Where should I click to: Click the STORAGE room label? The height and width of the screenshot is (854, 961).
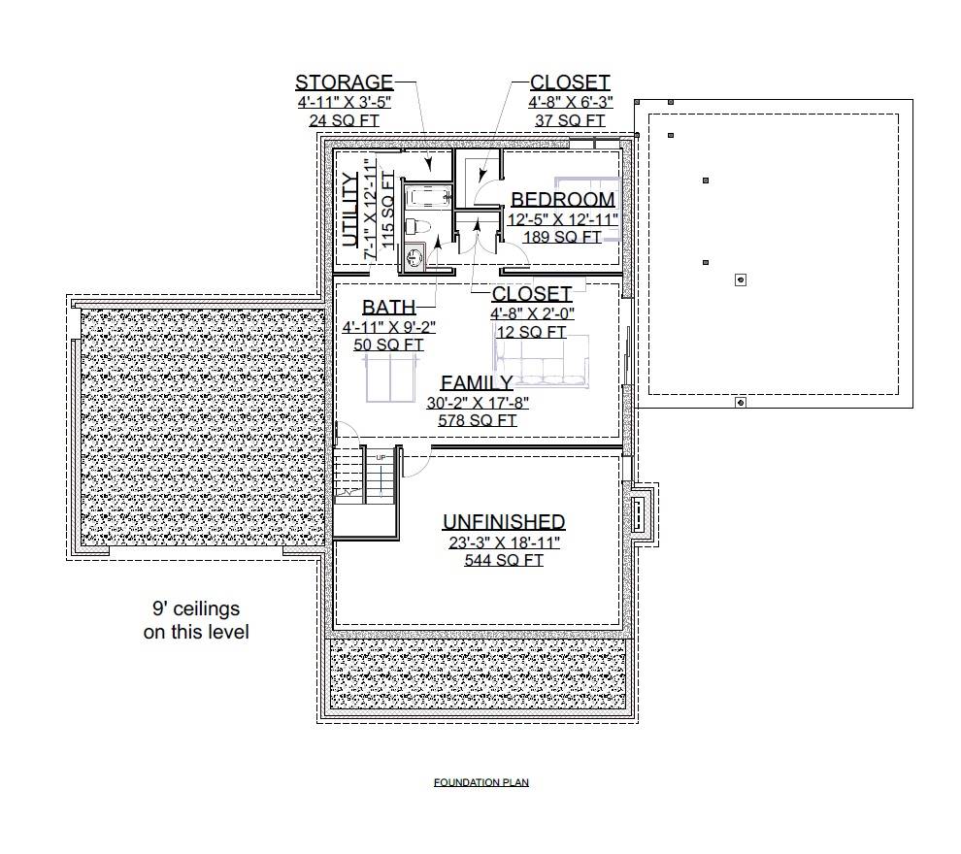344,82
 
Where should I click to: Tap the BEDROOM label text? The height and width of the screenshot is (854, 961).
563,200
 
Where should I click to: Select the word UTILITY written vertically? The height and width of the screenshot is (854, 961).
351,210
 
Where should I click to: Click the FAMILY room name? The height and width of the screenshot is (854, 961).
477,382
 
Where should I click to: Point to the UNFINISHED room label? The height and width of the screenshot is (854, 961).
504,522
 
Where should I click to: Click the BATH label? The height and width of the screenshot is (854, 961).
388,309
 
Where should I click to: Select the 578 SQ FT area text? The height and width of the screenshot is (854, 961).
477,420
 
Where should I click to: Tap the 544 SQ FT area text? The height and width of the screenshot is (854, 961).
504,560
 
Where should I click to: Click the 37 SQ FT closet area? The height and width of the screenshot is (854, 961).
570,120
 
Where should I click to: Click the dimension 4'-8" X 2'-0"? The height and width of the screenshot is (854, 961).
533,312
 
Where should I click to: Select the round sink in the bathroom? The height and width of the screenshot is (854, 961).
415,257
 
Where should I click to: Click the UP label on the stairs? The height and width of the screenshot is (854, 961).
381,456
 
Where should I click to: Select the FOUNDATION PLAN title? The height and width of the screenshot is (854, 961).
480,782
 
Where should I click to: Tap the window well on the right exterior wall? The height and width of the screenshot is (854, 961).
642,515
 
